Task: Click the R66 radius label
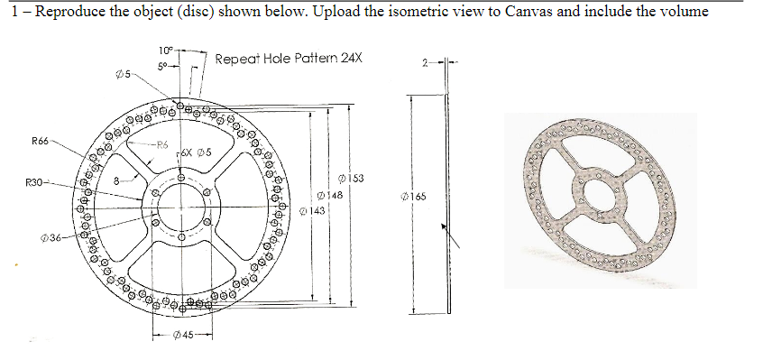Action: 41,141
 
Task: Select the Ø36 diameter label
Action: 51,237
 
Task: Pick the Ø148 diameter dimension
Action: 330,195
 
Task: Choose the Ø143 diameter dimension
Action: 311,210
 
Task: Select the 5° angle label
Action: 162,65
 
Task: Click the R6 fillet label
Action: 161,143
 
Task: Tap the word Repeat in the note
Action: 238,60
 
